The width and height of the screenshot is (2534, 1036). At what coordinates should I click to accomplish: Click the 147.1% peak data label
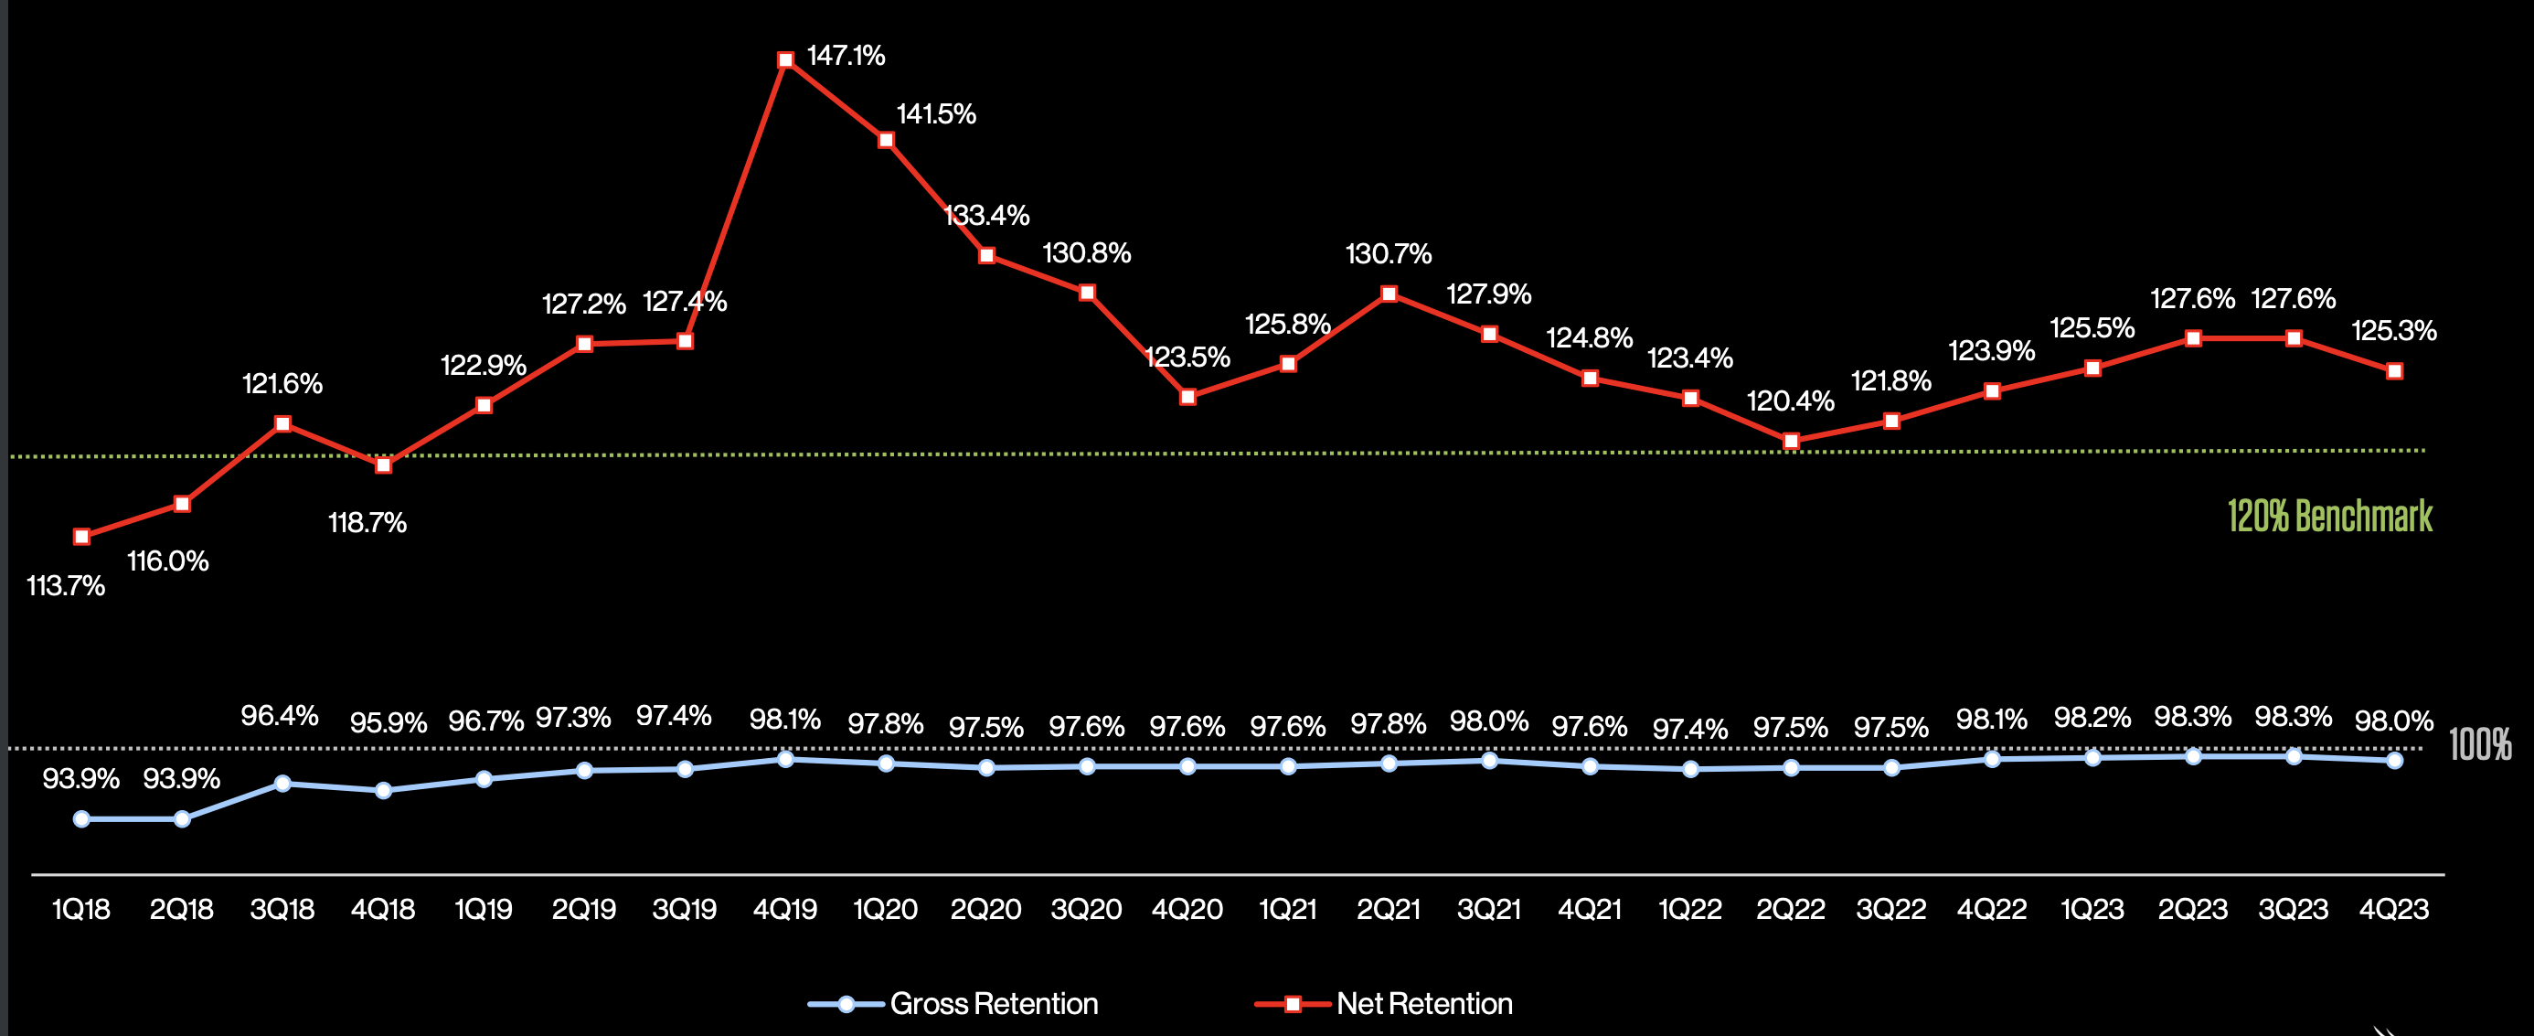[x=846, y=56]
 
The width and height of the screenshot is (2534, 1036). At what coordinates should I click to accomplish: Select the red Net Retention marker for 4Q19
[x=785, y=60]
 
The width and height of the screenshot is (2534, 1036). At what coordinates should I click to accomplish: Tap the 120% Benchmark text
[x=2328, y=516]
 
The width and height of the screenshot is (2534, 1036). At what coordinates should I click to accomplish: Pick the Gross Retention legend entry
[x=953, y=1003]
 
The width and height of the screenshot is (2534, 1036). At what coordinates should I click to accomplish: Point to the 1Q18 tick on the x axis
[x=80, y=908]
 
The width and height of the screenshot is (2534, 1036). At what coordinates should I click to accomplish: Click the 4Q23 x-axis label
[x=2393, y=908]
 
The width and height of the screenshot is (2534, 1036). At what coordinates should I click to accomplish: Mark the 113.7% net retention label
[x=65, y=586]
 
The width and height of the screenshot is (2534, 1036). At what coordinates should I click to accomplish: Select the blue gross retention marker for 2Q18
[x=182, y=818]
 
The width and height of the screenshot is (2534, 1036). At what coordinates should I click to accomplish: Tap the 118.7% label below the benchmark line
[x=367, y=522]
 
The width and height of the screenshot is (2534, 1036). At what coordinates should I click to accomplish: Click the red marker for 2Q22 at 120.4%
[x=1790, y=442]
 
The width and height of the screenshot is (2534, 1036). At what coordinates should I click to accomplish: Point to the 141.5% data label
[x=935, y=114]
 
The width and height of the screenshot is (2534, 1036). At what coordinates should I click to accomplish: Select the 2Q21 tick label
[x=1388, y=908]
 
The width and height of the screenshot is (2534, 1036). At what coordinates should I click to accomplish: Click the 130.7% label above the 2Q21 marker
[x=1388, y=254]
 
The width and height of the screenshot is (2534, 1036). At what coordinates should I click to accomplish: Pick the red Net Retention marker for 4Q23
[x=2394, y=371]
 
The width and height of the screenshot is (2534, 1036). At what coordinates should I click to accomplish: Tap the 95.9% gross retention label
[x=388, y=723]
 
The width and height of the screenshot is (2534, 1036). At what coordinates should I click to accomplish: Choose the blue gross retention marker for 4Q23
[x=2394, y=761]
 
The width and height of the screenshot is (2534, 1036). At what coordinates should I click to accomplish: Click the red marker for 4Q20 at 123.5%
[x=1187, y=397]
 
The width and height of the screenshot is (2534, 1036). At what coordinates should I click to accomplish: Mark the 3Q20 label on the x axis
[x=1086, y=908]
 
